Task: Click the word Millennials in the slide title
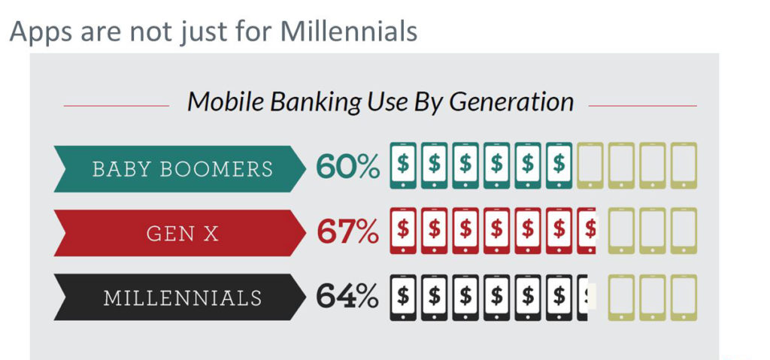349,32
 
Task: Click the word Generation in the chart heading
511,101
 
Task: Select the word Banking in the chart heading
315,103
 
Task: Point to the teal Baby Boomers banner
180,168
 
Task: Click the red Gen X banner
180,233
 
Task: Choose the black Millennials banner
180,297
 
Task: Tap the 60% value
347,166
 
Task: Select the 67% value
347,231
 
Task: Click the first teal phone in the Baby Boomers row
403,165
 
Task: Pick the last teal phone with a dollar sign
559,165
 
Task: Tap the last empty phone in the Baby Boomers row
684,165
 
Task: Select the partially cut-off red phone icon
587,231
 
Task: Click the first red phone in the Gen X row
403,231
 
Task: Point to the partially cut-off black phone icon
583,298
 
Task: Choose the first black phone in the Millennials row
403,298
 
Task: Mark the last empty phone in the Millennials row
684,298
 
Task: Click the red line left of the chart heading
117,105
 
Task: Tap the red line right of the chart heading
642,105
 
